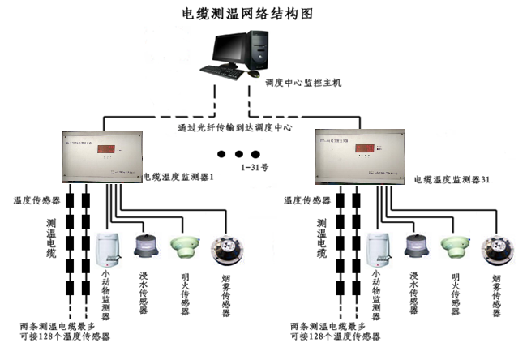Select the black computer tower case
[x=258, y=51]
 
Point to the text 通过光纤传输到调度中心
[x=234, y=127]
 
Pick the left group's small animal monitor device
[x=108, y=250]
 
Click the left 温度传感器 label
[x=36, y=199]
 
